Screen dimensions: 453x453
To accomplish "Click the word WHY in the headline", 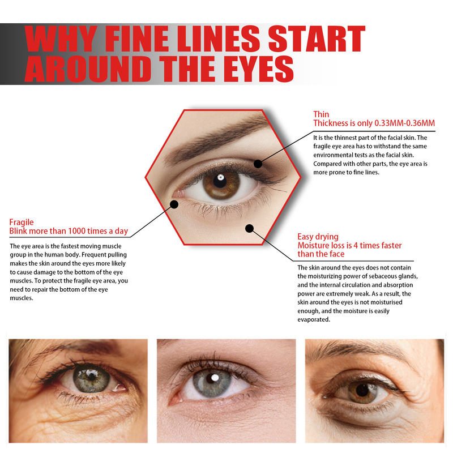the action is tap(61, 39).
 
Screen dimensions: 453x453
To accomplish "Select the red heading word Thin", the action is tap(321, 114).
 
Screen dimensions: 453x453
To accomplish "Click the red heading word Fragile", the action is tap(22, 222).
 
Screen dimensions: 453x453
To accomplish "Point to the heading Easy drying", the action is tap(318, 237).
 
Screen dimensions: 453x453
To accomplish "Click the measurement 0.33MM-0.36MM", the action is tap(404, 123).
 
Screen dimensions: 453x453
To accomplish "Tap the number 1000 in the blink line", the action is tap(77, 231).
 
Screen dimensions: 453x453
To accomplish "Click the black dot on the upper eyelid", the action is tap(258, 164).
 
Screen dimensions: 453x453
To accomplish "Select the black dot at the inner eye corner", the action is tap(174, 204).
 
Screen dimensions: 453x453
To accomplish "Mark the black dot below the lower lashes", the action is tap(249, 228).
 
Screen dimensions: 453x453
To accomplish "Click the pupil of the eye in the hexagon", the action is tap(220, 181).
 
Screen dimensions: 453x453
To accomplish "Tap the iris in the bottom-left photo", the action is tap(91, 378).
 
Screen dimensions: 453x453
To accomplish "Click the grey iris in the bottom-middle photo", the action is tap(212, 383).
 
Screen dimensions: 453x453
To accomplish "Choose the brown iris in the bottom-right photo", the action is tap(362, 391).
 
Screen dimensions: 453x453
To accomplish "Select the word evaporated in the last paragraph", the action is tap(314, 319).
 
